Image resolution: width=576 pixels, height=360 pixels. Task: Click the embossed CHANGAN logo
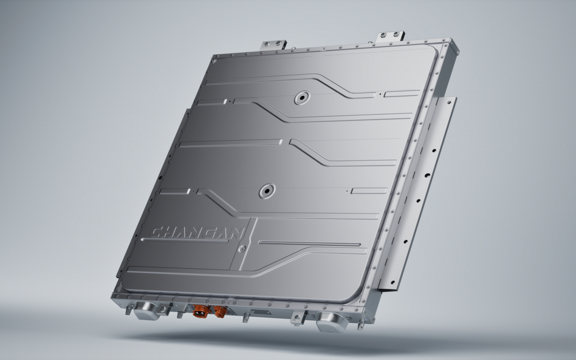197,233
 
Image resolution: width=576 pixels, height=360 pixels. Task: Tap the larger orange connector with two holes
201,311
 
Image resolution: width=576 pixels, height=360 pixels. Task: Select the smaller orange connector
220,312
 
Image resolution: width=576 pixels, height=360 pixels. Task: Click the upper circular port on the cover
302,98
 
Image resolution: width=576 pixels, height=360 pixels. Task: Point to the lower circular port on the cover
267,191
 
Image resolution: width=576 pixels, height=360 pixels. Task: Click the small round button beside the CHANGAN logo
241,249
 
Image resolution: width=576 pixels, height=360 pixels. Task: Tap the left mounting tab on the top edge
273,45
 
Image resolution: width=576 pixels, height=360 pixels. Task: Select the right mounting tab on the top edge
390,37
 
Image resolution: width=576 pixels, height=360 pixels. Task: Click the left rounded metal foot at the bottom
146,311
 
